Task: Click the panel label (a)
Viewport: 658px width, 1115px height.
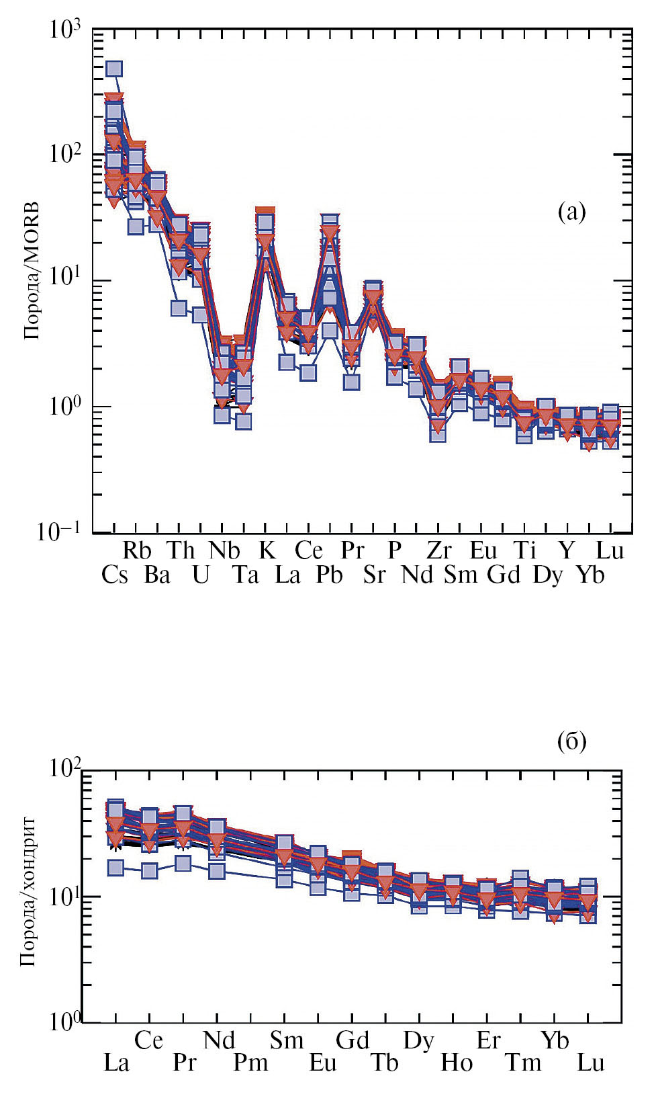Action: (571, 212)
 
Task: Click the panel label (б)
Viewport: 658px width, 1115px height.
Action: (571, 741)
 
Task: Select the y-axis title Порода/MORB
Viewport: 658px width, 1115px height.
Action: (32, 271)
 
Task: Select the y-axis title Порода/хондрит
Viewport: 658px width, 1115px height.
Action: (28, 891)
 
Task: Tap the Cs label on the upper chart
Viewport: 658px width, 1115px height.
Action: (115, 575)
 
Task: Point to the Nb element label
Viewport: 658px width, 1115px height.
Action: (224, 550)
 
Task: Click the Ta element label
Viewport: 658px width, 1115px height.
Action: (246, 575)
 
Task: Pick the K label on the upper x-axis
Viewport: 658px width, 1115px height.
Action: (267, 550)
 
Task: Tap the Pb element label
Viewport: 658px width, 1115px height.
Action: (330, 575)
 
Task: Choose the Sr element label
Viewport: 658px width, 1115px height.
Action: (374, 575)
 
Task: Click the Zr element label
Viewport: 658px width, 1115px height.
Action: (439, 550)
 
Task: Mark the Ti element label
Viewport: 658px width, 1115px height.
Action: (525, 550)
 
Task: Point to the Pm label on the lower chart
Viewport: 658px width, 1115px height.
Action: (250, 1063)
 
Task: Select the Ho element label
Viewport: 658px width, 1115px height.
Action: (457, 1063)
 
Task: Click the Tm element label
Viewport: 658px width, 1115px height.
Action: (523, 1063)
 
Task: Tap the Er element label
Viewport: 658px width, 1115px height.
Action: (488, 1040)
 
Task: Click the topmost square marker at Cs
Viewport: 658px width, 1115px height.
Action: (114, 69)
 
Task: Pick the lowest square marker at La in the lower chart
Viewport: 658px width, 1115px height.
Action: (115, 868)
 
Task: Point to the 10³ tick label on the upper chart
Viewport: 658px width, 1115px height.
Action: (64, 30)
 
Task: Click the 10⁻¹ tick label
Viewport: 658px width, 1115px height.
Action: (59, 532)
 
